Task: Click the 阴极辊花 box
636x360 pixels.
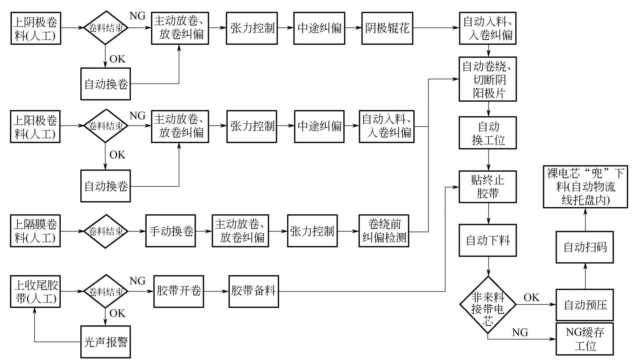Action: pyautogui.click(x=387, y=28)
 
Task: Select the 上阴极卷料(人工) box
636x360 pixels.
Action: pyautogui.click(x=35, y=29)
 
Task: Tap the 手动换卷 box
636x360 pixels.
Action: pyautogui.click(x=170, y=231)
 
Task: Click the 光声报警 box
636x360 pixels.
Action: pyautogui.click(x=105, y=342)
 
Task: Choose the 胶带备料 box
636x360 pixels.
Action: pyautogui.click(x=253, y=291)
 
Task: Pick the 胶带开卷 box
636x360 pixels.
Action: pyautogui.click(x=178, y=291)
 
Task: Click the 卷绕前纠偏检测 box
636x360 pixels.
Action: pyautogui.click(x=384, y=231)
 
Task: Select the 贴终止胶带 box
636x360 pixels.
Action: pyautogui.click(x=488, y=187)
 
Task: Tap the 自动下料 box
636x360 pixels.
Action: pyautogui.click(x=488, y=240)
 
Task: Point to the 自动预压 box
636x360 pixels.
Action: pyautogui.click(x=585, y=305)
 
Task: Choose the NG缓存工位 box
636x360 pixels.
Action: pyautogui.click(x=585, y=339)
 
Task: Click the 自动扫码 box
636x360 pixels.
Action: pyautogui.click(x=585, y=247)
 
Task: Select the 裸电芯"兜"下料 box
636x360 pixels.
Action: pyautogui.click(x=585, y=187)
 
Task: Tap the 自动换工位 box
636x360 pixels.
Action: pyautogui.click(x=488, y=133)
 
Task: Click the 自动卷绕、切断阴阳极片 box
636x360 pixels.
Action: pyautogui.click(x=488, y=79)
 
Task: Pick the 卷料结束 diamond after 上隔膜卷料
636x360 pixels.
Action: pyautogui.click(x=106, y=231)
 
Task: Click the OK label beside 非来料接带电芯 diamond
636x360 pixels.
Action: pyautogui.click(x=531, y=297)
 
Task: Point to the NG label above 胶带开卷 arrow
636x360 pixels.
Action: pyautogui.click(x=137, y=281)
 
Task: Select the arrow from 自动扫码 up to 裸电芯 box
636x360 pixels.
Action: pyautogui.click(x=585, y=219)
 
